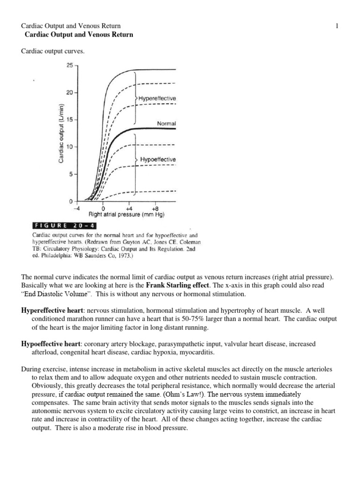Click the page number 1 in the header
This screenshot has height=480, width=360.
pos(337,26)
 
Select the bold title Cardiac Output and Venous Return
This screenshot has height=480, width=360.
pos(78,35)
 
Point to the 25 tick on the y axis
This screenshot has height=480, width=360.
pos(69,66)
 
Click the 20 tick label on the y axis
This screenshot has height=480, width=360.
pos(69,93)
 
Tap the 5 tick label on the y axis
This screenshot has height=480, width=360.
pos(71,174)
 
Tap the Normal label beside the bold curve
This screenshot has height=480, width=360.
pos(166,123)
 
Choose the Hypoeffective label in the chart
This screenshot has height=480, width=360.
pos(158,159)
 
